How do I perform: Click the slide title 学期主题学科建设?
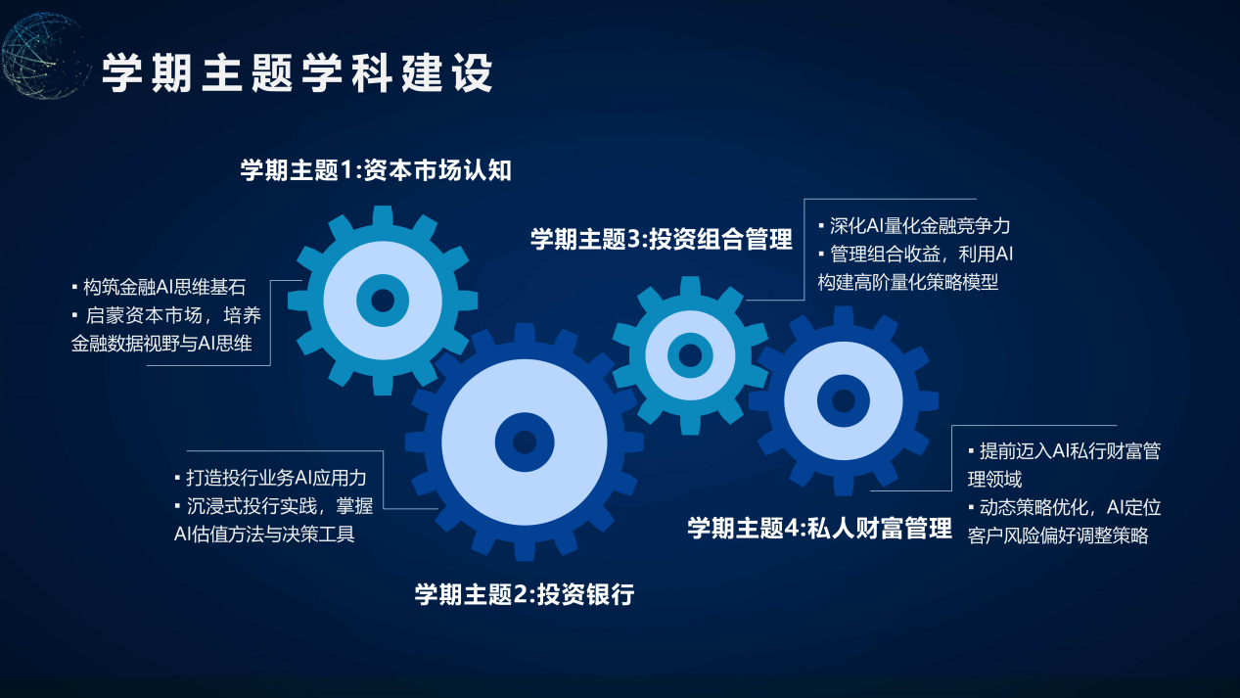298,72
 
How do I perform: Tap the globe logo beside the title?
44,56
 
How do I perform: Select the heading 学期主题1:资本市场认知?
376,170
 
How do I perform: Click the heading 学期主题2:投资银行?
525,594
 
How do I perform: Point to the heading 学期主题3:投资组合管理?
662,240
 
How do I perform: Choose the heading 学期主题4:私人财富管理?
820,528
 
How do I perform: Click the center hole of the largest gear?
525,442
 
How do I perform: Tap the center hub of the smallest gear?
690,355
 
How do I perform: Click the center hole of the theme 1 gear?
383,301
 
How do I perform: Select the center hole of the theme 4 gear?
843,400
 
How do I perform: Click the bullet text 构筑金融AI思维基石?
164,287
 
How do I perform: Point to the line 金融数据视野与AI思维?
161,344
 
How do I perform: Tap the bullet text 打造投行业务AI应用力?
276,478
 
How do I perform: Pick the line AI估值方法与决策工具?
264,535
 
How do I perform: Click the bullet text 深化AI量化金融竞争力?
920,226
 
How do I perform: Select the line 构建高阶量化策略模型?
908,282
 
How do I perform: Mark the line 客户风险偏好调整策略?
1058,535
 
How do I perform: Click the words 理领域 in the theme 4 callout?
994,480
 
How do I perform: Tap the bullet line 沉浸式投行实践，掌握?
280,506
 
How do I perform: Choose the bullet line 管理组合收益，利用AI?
921,255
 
